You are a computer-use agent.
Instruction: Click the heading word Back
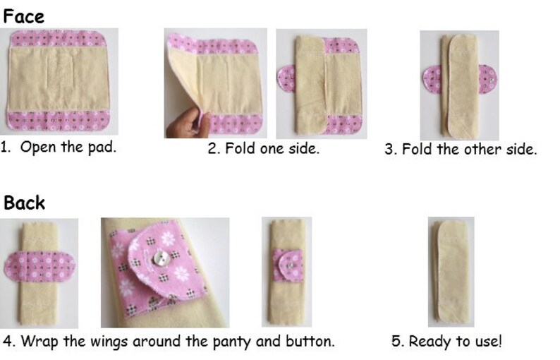pyautogui.click(x=25, y=203)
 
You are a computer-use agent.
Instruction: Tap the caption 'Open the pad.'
pyautogui.click(x=68, y=148)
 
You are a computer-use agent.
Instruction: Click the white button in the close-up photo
pyautogui.click(x=164, y=258)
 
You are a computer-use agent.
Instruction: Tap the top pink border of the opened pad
pyautogui.click(x=59, y=39)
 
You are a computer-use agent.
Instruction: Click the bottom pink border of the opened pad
pyautogui.click(x=59, y=121)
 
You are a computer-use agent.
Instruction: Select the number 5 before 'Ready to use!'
pyautogui.click(x=396, y=341)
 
